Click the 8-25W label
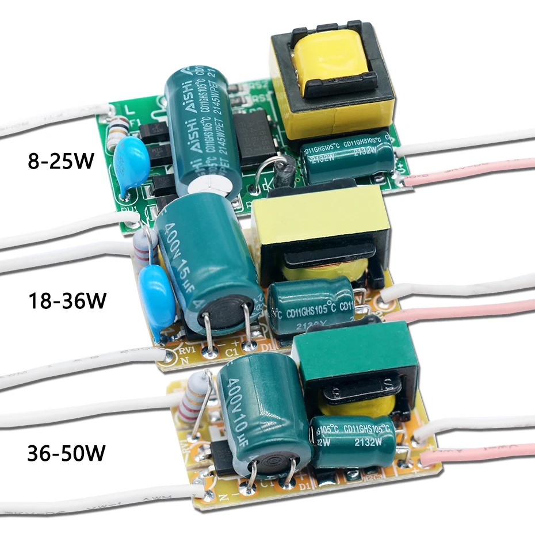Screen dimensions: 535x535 [x=60, y=160]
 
